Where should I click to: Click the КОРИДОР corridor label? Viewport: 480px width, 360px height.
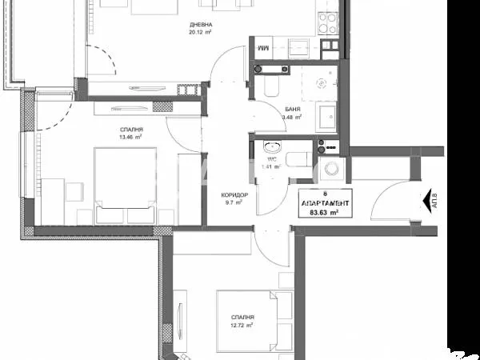[x=234, y=194]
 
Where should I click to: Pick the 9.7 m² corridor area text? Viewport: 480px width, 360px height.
[x=234, y=202]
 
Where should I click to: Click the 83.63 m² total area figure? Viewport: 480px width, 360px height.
[x=323, y=210]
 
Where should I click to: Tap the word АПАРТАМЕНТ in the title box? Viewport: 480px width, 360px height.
[x=323, y=202]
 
